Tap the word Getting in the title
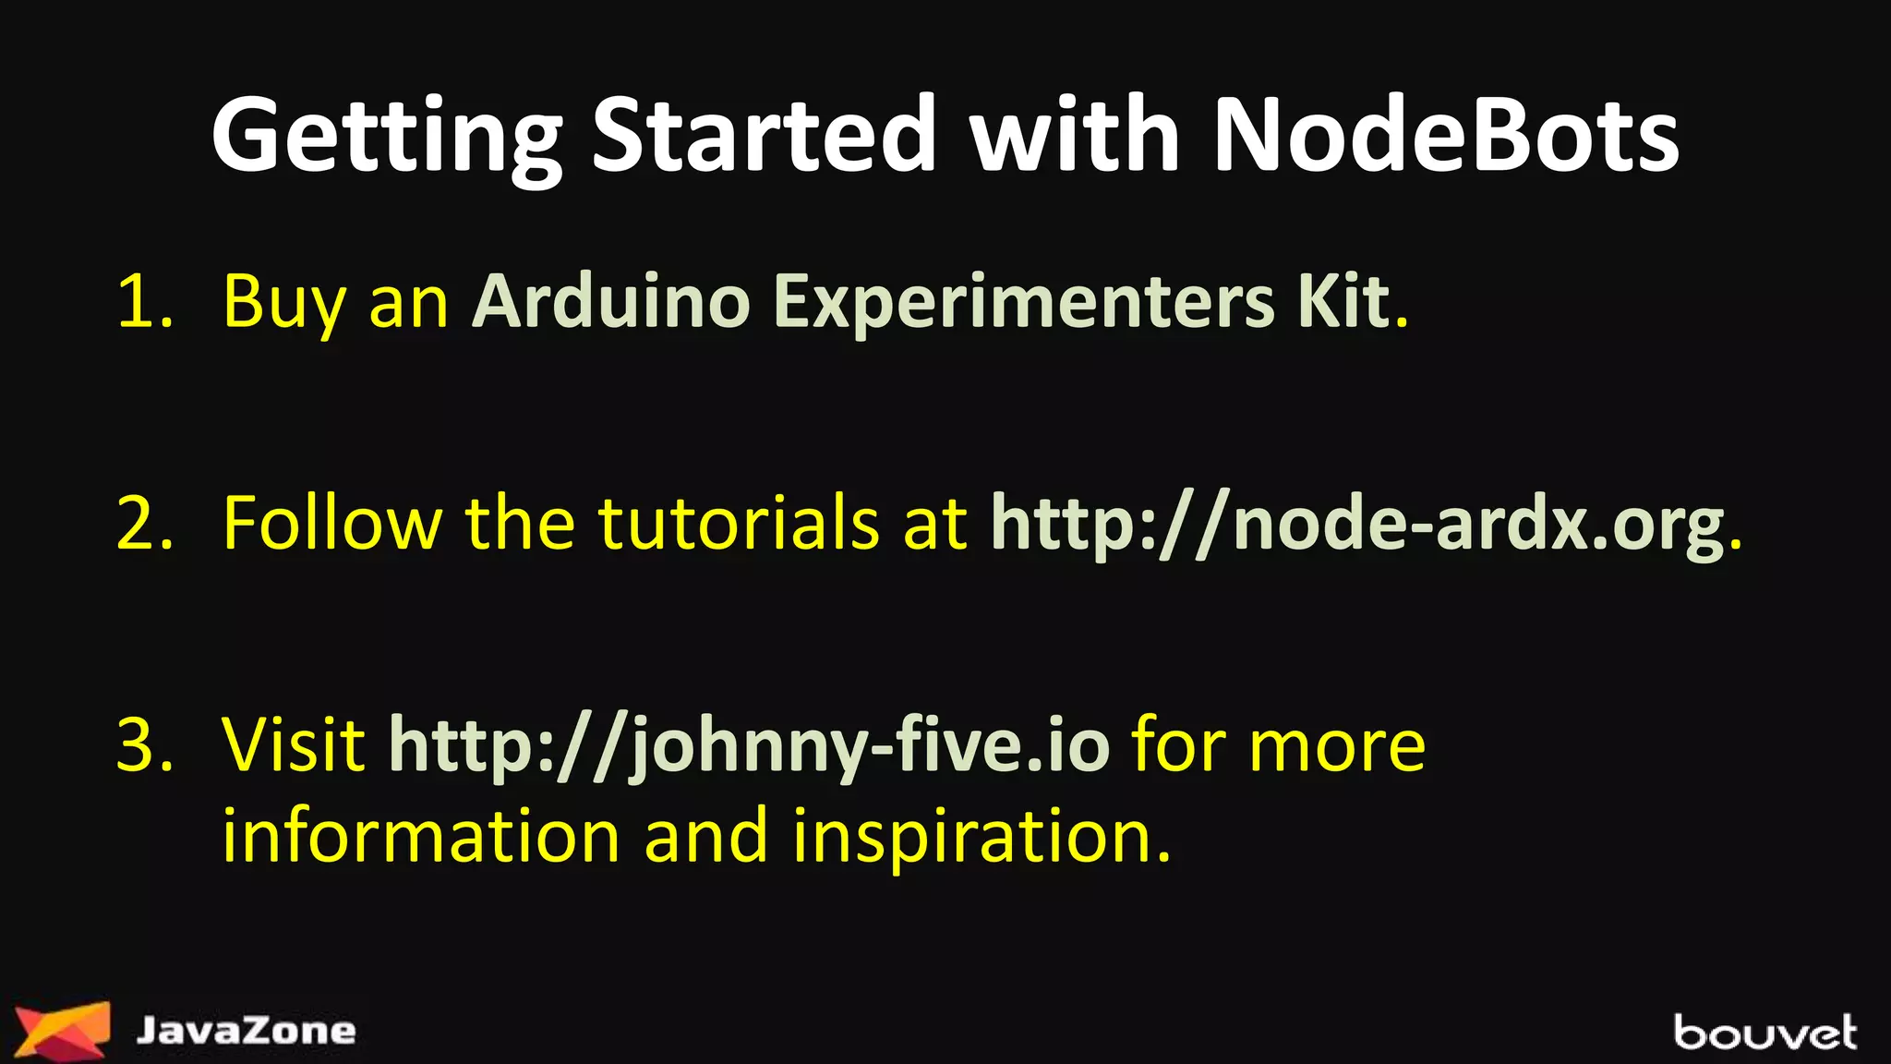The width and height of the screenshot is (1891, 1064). click(387, 139)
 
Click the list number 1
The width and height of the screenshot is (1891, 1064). click(145, 302)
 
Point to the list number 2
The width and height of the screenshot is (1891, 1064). click(145, 524)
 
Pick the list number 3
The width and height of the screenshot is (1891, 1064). click(145, 745)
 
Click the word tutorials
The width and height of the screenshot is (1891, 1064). click(738, 524)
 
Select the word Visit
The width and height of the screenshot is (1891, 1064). click(294, 745)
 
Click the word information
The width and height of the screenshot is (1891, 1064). click(421, 836)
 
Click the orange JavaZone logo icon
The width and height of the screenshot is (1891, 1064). click(63, 1028)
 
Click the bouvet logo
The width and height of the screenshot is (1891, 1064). click(1765, 1032)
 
